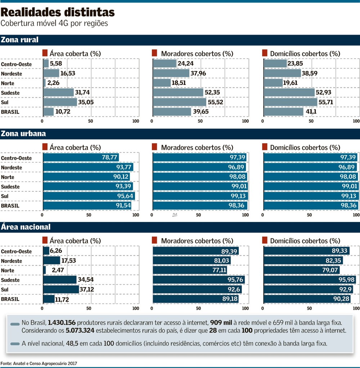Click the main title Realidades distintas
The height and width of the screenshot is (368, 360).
coord(58,13)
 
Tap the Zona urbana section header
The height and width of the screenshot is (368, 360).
coord(23,133)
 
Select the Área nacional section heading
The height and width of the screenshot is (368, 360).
coord(26,227)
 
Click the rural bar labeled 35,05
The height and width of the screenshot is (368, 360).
coord(60,102)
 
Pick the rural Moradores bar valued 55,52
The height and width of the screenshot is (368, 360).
coord(179,102)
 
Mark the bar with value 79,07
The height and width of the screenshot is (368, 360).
coord(301,270)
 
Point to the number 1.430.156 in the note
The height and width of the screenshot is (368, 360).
coord(62,322)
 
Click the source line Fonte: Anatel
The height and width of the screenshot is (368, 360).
coord(39,364)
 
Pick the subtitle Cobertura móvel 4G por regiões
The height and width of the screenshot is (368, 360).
coord(54,23)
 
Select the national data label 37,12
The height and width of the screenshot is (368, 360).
coord(87,289)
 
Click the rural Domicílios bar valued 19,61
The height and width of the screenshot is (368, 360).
coord(273,83)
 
